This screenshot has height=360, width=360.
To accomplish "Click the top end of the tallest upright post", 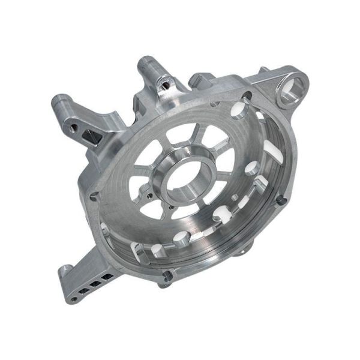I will coord(146,61).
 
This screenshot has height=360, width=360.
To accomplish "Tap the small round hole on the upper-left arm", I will coord(70,127).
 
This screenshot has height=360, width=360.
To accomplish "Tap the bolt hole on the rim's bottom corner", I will coord(167,277).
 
